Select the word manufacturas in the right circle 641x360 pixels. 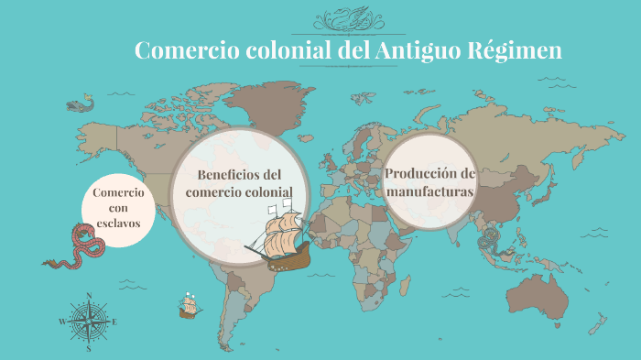430,192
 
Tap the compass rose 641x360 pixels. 89,322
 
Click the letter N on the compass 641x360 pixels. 89,295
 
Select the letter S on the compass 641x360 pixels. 89,348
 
